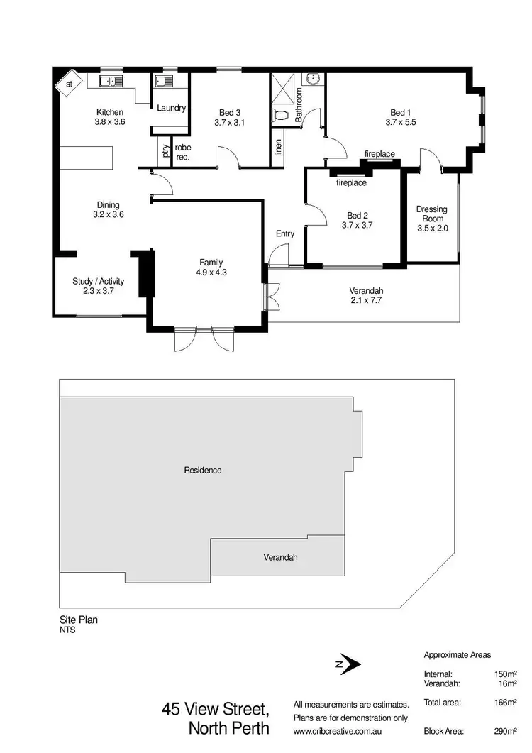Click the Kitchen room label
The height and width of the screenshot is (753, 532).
[110, 112]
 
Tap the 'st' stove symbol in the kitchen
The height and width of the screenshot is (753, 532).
[69, 84]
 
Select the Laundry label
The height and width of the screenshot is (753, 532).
[171, 108]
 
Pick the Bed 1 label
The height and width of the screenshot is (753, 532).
[400, 112]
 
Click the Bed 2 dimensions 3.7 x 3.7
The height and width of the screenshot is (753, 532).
[357, 225]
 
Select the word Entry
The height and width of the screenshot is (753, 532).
[285, 233]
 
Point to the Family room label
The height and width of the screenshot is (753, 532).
[211, 263]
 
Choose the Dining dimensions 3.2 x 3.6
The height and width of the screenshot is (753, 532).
[109, 214]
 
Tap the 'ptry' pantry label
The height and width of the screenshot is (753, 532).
[165, 151]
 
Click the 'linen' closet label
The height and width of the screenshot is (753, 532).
[278, 148]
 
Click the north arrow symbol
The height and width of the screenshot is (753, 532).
[350, 664]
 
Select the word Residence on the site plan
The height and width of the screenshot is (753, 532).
[203, 470]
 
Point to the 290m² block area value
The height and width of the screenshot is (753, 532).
[504, 730]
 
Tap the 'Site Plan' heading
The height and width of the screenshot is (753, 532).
[78, 620]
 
